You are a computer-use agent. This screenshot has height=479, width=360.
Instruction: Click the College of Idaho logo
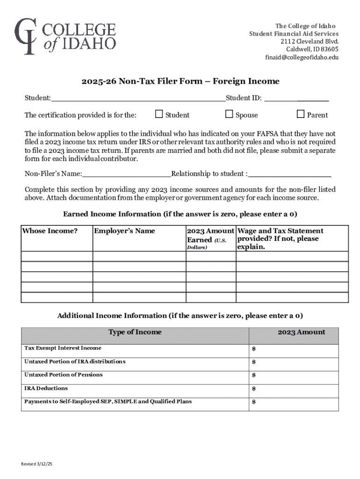pos(65,37)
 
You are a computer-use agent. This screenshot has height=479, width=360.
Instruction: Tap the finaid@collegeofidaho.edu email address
pos(302,58)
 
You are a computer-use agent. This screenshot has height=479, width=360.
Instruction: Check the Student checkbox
pos(159,114)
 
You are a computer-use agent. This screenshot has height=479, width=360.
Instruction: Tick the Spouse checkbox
pos(229,114)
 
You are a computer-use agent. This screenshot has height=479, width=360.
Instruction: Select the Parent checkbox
pos(301,114)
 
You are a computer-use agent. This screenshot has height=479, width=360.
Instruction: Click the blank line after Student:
pos(138,99)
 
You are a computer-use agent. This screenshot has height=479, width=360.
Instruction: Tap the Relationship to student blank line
pos(290,174)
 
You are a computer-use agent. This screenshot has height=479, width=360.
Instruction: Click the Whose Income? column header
pos(50,231)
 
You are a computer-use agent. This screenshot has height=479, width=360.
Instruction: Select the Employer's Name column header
pos(124,231)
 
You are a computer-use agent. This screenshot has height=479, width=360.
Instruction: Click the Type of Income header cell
pos(135,332)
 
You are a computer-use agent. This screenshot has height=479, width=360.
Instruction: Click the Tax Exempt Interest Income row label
pos(63,348)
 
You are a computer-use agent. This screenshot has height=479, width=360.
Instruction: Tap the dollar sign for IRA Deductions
pos(254,389)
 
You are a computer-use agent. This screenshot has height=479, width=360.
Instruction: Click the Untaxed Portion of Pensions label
pos(63,375)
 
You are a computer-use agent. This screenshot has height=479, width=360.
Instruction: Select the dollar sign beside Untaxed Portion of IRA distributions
pos(254,362)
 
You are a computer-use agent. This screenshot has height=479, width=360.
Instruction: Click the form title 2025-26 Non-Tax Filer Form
pos(180,81)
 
